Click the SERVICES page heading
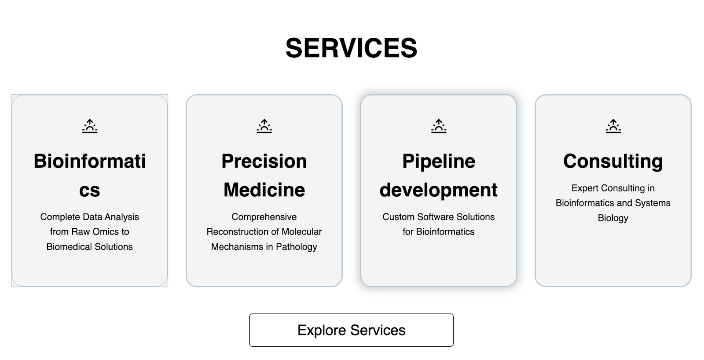[x=352, y=48]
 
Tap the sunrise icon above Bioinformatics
[x=90, y=126]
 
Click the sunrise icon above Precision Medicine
[x=264, y=126]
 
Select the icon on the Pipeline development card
[x=439, y=126]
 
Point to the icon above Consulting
[x=613, y=126]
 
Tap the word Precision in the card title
[x=264, y=161]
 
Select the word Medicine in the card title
[x=264, y=190]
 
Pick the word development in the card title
[x=439, y=191]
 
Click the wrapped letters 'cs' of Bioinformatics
[x=90, y=191]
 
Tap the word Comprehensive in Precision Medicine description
[x=264, y=217]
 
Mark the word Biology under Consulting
[x=613, y=218]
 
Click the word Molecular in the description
[x=302, y=232]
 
